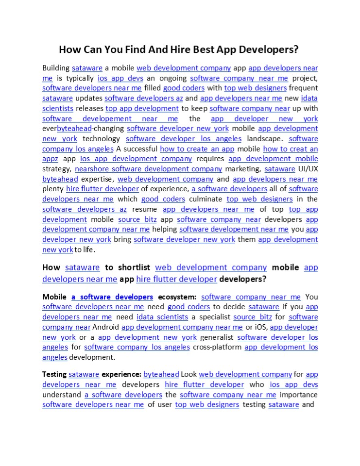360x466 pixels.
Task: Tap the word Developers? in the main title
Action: [x=267, y=50]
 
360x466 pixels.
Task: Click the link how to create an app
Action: [x=197, y=149]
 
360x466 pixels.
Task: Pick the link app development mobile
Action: [x=273, y=159]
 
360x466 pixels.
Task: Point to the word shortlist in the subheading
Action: [x=127, y=267]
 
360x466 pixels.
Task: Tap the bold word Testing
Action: [x=54, y=374]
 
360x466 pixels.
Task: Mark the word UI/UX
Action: [x=308, y=169]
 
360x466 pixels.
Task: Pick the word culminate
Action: [x=206, y=199]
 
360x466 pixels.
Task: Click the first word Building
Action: [x=56, y=68]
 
